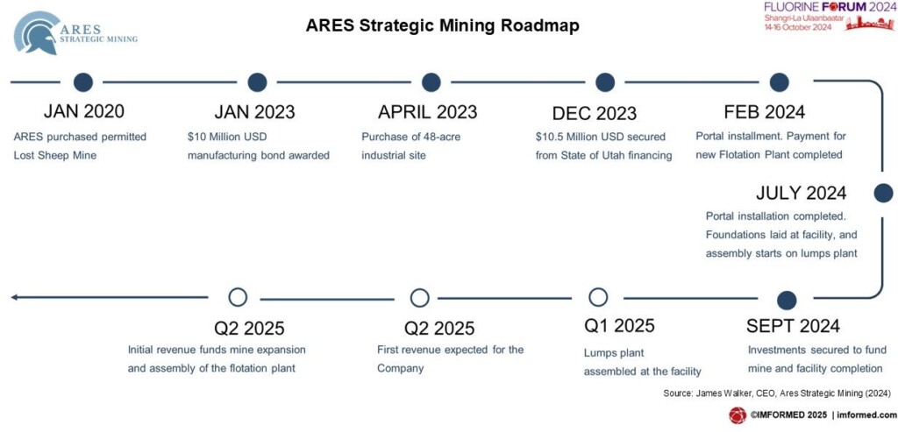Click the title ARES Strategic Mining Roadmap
[442, 25]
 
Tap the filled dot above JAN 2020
[83, 82]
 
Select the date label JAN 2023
[254, 112]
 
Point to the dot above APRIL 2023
[431, 82]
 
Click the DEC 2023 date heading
[594, 113]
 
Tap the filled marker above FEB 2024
[779, 82]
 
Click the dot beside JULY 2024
[883, 194]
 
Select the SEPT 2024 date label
[793, 326]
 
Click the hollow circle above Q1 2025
[598, 298]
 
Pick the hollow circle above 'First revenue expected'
[420, 298]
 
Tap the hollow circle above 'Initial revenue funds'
[238, 298]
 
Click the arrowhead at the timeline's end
[14, 298]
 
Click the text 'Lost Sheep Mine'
[54, 155]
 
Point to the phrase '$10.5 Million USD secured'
[600, 138]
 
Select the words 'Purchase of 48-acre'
[410, 138]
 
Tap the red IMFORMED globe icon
[737, 415]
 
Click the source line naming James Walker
[777, 393]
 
